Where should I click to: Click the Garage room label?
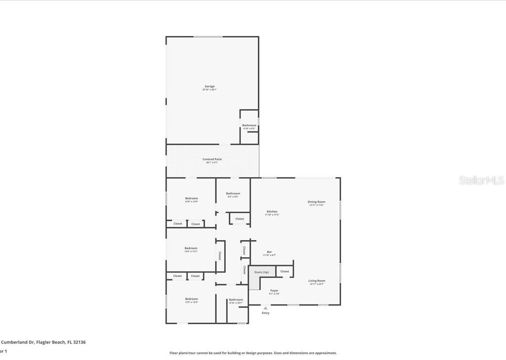tap(210, 87)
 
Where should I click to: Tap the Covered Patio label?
tap(212, 159)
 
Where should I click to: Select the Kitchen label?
tap(272, 212)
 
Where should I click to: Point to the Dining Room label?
tap(317, 202)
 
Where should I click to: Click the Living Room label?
tap(317, 281)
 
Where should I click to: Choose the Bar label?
tap(269, 252)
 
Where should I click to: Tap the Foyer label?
tap(274, 291)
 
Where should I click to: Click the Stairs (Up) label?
tap(262, 272)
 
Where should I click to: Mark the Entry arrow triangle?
tap(265, 308)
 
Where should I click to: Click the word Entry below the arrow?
tap(266, 313)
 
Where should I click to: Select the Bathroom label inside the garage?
tap(249, 126)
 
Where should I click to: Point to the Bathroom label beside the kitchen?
tap(233, 193)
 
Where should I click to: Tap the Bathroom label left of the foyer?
tap(236, 300)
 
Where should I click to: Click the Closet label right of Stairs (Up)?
tap(285, 271)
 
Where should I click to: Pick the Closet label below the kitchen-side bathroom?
tap(240, 219)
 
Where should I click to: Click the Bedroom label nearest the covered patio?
tap(191, 198)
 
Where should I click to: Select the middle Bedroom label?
tap(191, 248)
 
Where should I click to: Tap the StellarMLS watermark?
tap(481, 180)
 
